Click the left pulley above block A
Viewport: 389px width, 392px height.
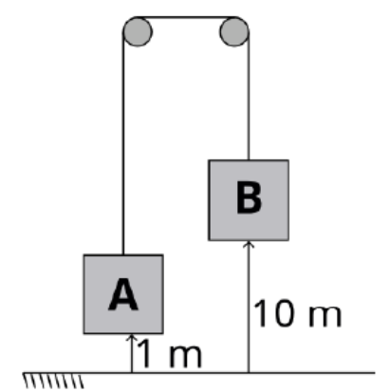138,31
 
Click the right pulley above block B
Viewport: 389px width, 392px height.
234,31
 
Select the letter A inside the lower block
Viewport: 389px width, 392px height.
123,295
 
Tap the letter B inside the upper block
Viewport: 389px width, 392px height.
249,198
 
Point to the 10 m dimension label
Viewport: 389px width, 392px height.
297,313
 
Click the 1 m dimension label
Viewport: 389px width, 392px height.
169,354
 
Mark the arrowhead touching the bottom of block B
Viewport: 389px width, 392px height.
249,244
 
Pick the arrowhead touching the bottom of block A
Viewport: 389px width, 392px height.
132,337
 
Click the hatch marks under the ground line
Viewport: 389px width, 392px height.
54,381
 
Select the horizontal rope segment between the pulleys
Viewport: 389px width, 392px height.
186,17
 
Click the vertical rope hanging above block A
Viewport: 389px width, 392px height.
123,143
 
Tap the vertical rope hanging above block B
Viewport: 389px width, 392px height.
249,96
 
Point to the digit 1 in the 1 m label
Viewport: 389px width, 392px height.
144,354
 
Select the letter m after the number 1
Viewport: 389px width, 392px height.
185,357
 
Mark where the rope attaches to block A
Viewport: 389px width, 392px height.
123,254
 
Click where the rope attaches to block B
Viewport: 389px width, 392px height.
249,160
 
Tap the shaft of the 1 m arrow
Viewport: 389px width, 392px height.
132,355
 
